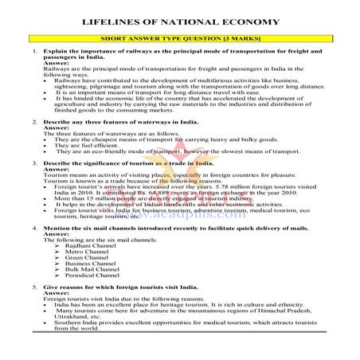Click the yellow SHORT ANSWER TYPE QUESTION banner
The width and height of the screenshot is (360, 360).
click(x=181, y=37)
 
